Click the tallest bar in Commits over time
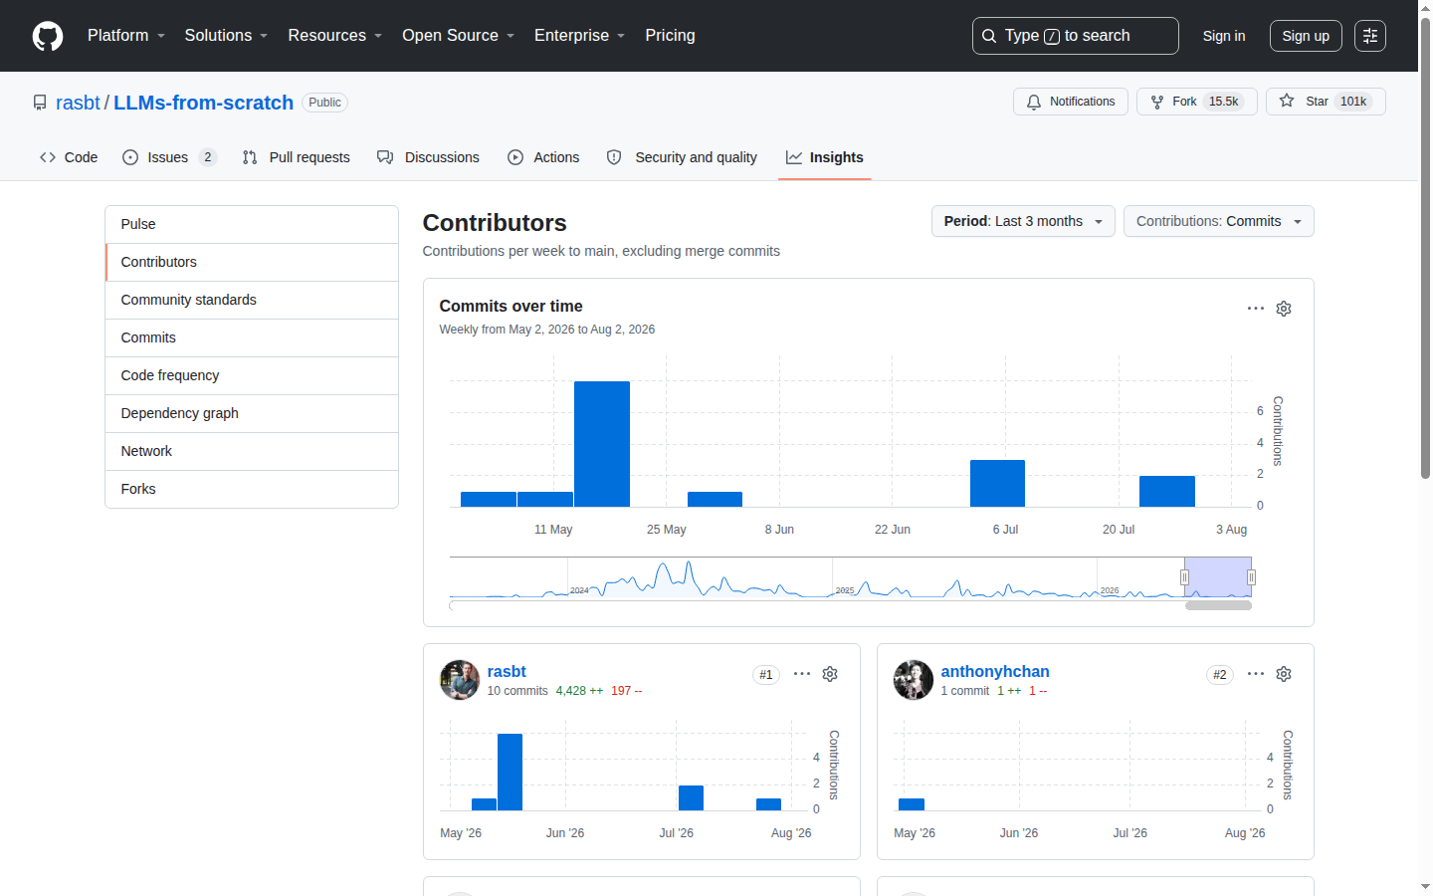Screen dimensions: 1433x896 click(x=601, y=444)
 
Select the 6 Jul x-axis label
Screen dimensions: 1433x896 click(x=1005, y=530)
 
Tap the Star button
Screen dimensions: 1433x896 click(x=1326, y=102)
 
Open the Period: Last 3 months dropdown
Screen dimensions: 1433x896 click(x=1023, y=221)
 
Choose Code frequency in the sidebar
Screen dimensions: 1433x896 click(x=169, y=375)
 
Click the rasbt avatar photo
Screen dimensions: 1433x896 click(x=460, y=680)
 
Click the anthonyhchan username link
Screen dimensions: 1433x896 click(x=995, y=671)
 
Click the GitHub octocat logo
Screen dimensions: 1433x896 click(x=48, y=36)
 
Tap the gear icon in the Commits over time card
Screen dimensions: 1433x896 click(x=1284, y=309)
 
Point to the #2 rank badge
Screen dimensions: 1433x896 click(x=1219, y=675)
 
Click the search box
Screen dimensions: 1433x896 click(x=1075, y=36)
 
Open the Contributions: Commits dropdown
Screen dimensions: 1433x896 click(x=1218, y=221)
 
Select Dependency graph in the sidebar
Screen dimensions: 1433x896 click(x=179, y=413)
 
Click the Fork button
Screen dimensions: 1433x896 click(x=1196, y=102)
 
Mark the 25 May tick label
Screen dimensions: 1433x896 click(x=666, y=530)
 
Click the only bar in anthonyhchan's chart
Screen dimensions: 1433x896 click(x=911, y=804)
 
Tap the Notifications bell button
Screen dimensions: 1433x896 click(x=1071, y=102)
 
